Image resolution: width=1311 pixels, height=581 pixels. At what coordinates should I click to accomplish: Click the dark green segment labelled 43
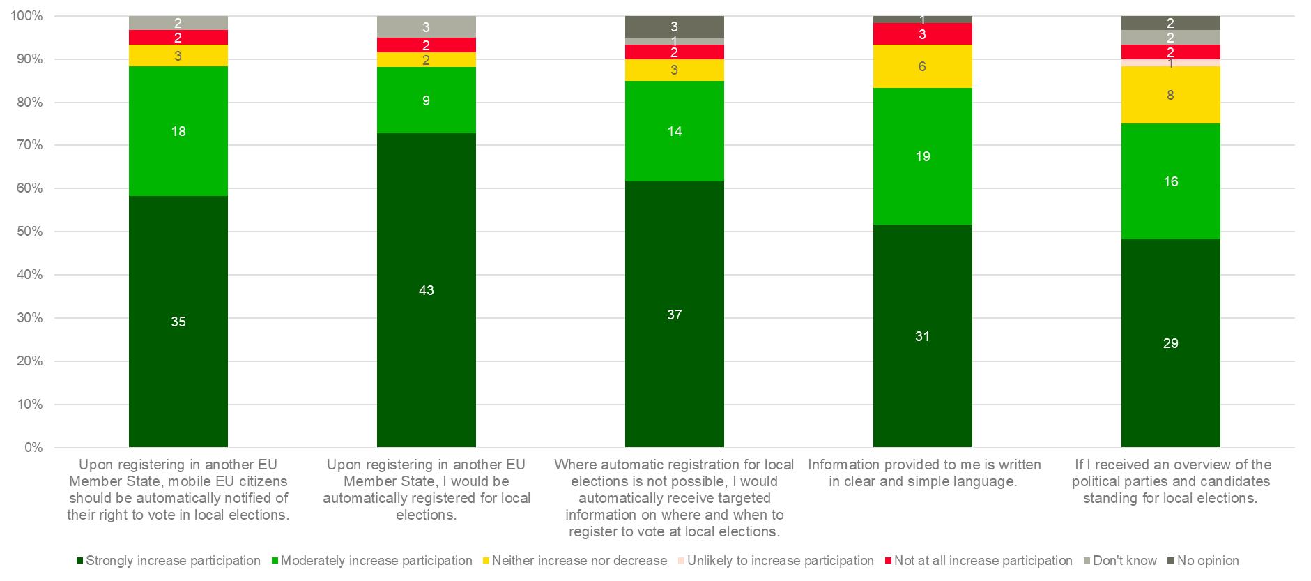(x=426, y=290)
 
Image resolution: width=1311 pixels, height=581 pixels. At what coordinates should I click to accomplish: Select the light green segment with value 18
(x=178, y=131)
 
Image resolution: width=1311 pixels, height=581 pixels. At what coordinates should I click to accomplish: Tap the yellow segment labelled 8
(x=1170, y=95)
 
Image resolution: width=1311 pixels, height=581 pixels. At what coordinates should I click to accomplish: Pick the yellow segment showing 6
(x=922, y=66)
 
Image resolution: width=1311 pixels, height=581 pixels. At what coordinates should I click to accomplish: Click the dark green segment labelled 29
(x=1170, y=343)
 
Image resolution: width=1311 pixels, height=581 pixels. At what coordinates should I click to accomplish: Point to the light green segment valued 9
(x=426, y=100)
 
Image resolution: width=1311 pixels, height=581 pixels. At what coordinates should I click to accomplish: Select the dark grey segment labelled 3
(x=674, y=27)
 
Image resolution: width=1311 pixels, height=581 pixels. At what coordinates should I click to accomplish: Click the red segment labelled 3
(x=922, y=33)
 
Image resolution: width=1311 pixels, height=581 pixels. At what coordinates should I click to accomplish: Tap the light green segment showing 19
(x=922, y=156)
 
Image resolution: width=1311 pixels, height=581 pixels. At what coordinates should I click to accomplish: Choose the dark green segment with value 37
(x=674, y=315)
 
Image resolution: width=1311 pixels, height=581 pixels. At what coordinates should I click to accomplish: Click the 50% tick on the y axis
(x=29, y=232)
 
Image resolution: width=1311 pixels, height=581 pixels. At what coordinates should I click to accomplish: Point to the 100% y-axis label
(x=26, y=16)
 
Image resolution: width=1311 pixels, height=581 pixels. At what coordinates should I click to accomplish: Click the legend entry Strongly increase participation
(x=173, y=561)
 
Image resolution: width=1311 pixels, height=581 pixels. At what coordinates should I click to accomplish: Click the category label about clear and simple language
(x=922, y=473)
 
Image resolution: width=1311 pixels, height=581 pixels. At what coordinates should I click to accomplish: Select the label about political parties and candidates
(x=1170, y=481)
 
